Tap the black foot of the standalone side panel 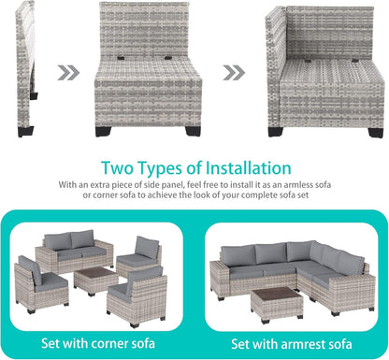pyautogui.click(x=34, y=94)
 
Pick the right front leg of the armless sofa pyautogui.click(x=194, y=130)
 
